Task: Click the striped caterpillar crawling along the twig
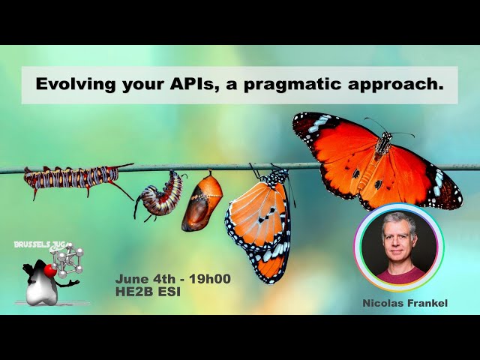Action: (71, 178)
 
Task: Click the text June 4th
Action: (146, 279)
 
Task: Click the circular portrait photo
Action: (399, 248)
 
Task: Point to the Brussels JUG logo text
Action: (41, 244)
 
